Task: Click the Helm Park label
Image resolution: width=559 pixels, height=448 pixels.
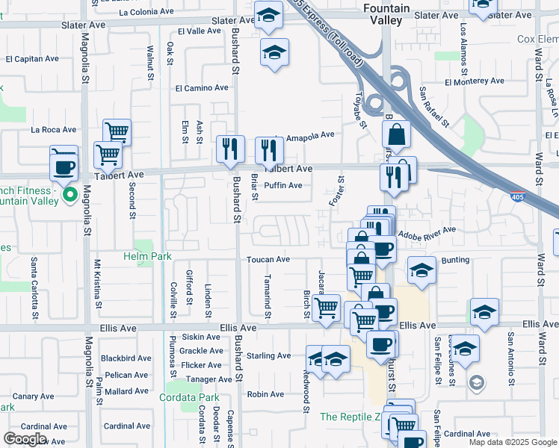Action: click(147, 257)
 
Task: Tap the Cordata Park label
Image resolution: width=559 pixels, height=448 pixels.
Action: click(189, 397)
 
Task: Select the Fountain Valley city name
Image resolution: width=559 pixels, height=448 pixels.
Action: click(386, 13)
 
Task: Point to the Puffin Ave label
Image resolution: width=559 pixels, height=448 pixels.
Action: click(283, 185)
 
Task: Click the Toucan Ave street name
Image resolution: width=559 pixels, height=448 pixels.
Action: click(268, 259)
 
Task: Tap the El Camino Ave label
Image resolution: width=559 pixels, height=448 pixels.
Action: click(202, 87)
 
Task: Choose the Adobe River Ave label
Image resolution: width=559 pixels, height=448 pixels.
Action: click(427, 233)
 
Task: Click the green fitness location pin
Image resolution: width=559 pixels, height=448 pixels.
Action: click(70, 196)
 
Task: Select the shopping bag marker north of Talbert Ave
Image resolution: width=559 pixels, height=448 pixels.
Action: click(396, 135)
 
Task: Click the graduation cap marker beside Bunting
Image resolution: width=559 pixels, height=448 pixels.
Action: click(421, 270)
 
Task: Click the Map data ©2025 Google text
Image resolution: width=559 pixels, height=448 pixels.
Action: click(513, 442)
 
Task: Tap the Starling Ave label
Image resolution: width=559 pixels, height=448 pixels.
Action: click(268, 355)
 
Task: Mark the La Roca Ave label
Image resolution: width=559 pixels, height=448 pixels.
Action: click(54, 129)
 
